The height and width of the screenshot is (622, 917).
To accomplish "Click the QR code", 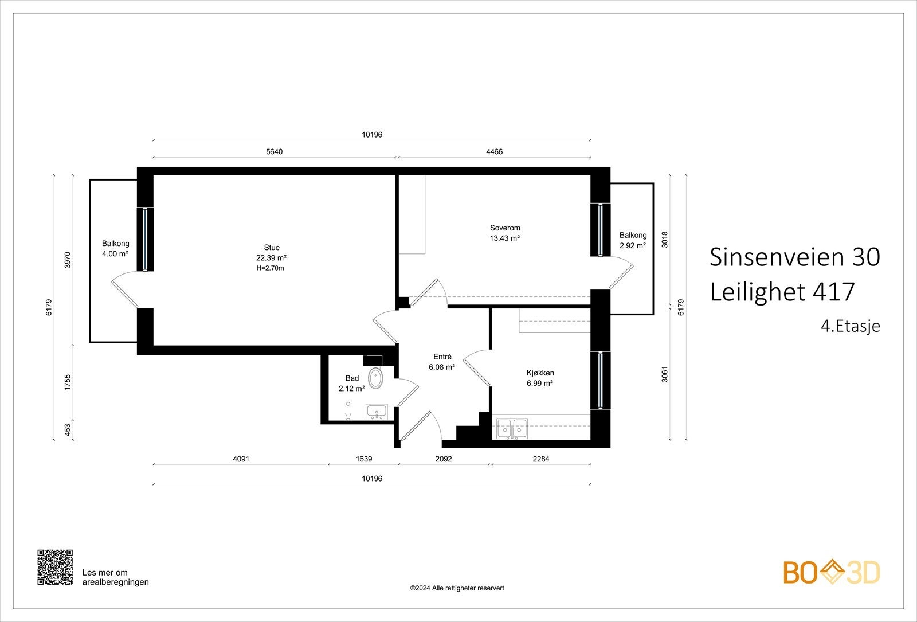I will [55, 568].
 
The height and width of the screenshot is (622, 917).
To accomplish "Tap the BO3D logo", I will [832, 573].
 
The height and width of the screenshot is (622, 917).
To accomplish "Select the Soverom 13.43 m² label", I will [504, 233].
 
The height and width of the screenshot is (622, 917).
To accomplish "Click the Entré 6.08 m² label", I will [442, 362].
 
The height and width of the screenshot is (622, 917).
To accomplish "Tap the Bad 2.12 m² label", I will [351, 384].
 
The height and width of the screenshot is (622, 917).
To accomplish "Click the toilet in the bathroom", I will [375, 378].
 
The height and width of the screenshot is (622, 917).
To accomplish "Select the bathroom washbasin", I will [377, 412].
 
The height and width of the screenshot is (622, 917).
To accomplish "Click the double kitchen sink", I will [512, 428].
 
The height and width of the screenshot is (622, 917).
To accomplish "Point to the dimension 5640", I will [275, 152].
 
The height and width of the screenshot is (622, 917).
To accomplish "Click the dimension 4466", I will [494, 152].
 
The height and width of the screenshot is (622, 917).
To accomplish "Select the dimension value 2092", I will [444, 459].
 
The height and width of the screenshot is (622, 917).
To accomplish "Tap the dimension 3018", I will [665, 239].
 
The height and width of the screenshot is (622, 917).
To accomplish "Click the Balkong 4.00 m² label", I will [115, 249].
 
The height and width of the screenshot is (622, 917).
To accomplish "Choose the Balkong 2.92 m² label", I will [633, 240].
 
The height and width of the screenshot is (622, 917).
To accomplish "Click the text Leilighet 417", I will [782, 292].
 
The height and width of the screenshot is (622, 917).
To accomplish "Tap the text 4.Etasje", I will [850, 326].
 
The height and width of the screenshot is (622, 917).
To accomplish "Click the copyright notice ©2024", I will [457, 588].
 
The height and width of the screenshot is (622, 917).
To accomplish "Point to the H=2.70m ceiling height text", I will [271, 268].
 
